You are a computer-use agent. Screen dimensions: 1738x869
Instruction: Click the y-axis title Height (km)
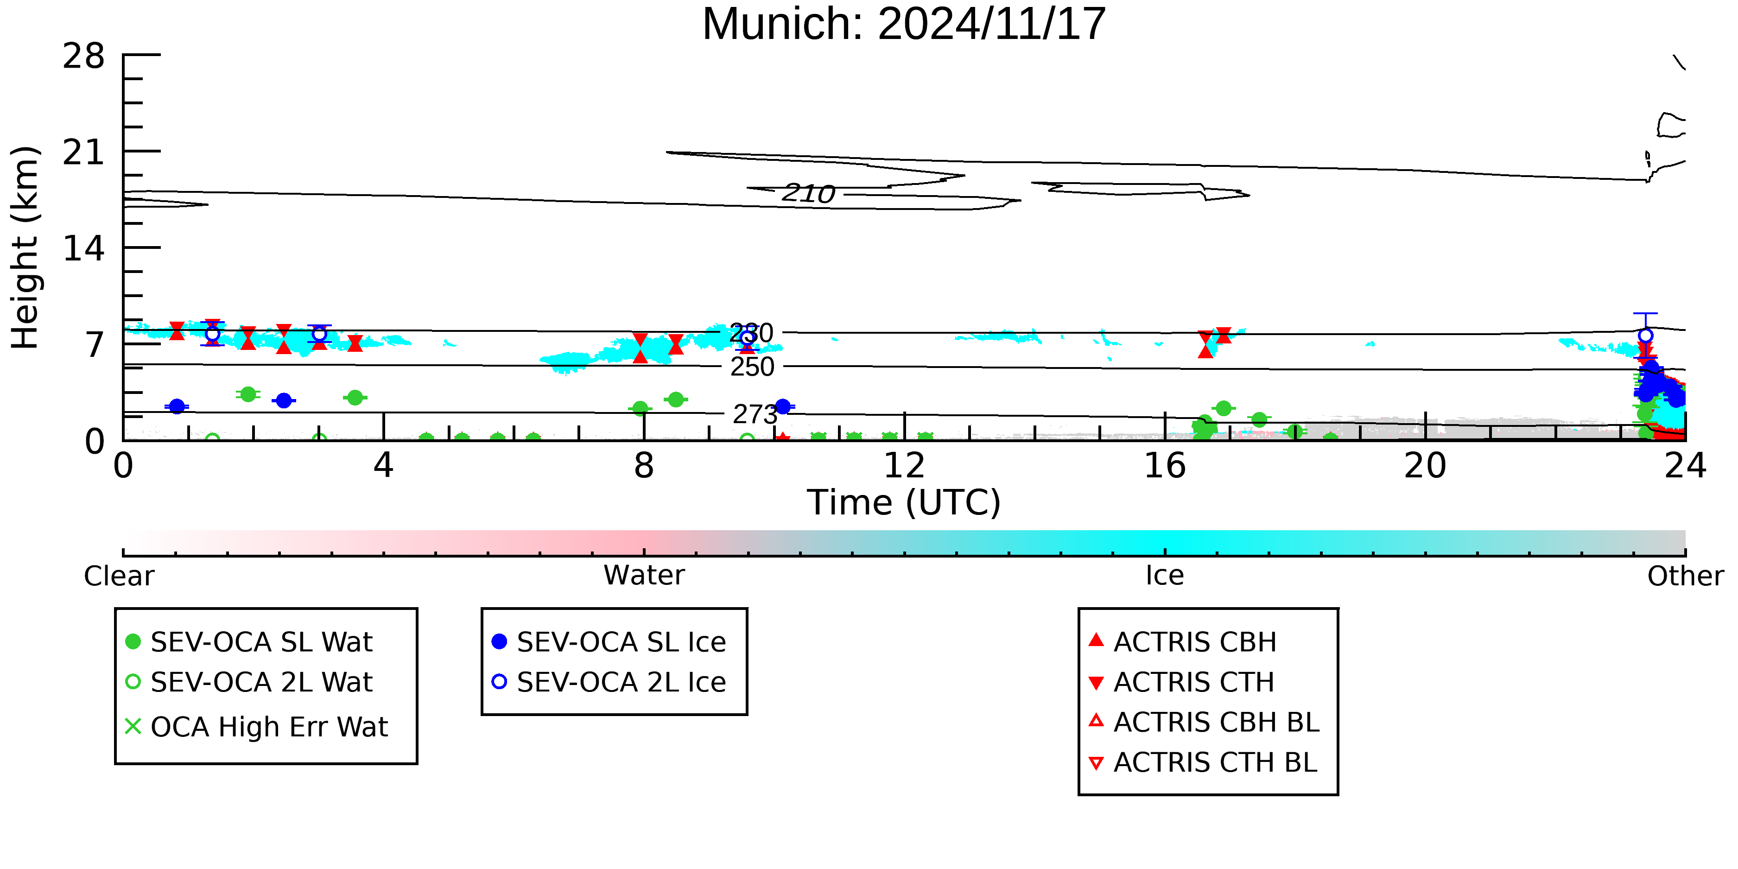click(x=25, y=247)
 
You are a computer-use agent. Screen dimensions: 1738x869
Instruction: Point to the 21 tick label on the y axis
click(x=84, y=152)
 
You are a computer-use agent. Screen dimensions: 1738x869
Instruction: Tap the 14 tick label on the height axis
click(x=84, y=249)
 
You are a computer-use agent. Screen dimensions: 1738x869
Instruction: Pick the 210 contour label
click(x=808, y=194)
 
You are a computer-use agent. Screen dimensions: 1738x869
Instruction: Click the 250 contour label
click(x=752, y=367)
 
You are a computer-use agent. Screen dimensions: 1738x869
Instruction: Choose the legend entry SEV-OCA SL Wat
click(x=250, y=641)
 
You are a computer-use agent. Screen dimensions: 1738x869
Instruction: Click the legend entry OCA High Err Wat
click(x=257, y=727)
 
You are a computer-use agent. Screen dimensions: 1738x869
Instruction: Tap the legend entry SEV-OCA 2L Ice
click(x=609, y=682)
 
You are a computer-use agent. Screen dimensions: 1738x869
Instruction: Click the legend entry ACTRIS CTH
click(x=1181, y=682)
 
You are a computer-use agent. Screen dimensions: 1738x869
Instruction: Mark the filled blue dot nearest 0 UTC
click(x=177, y=406)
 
